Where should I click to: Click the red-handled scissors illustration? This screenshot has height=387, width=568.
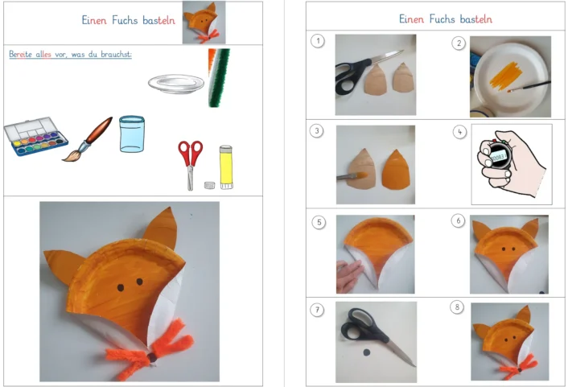[190, 165]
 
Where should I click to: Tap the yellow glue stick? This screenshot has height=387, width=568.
[226, 167]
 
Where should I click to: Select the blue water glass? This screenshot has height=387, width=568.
[132, 134]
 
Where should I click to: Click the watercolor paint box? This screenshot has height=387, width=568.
[35, 136]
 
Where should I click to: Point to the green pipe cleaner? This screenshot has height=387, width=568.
[219, 78]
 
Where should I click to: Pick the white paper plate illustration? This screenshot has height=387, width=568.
[176, 84]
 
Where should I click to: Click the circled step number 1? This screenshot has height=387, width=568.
[318, 41]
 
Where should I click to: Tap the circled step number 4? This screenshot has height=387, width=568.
[459, 132]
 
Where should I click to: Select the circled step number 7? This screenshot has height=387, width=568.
[317, 310]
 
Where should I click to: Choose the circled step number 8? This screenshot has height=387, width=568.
[457, 307]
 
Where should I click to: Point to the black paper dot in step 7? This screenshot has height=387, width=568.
[367, 352]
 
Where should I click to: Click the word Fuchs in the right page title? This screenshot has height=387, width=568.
[442, 19]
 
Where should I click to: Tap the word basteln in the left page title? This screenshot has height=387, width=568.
[158, 20]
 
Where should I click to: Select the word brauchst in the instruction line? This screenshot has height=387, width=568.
[116, 55]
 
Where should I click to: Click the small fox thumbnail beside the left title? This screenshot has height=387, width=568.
[204, 23]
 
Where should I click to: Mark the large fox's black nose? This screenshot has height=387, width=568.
[153, 358]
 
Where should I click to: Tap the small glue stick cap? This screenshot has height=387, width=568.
[209, 185]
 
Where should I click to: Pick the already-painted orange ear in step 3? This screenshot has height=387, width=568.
[396, 170]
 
